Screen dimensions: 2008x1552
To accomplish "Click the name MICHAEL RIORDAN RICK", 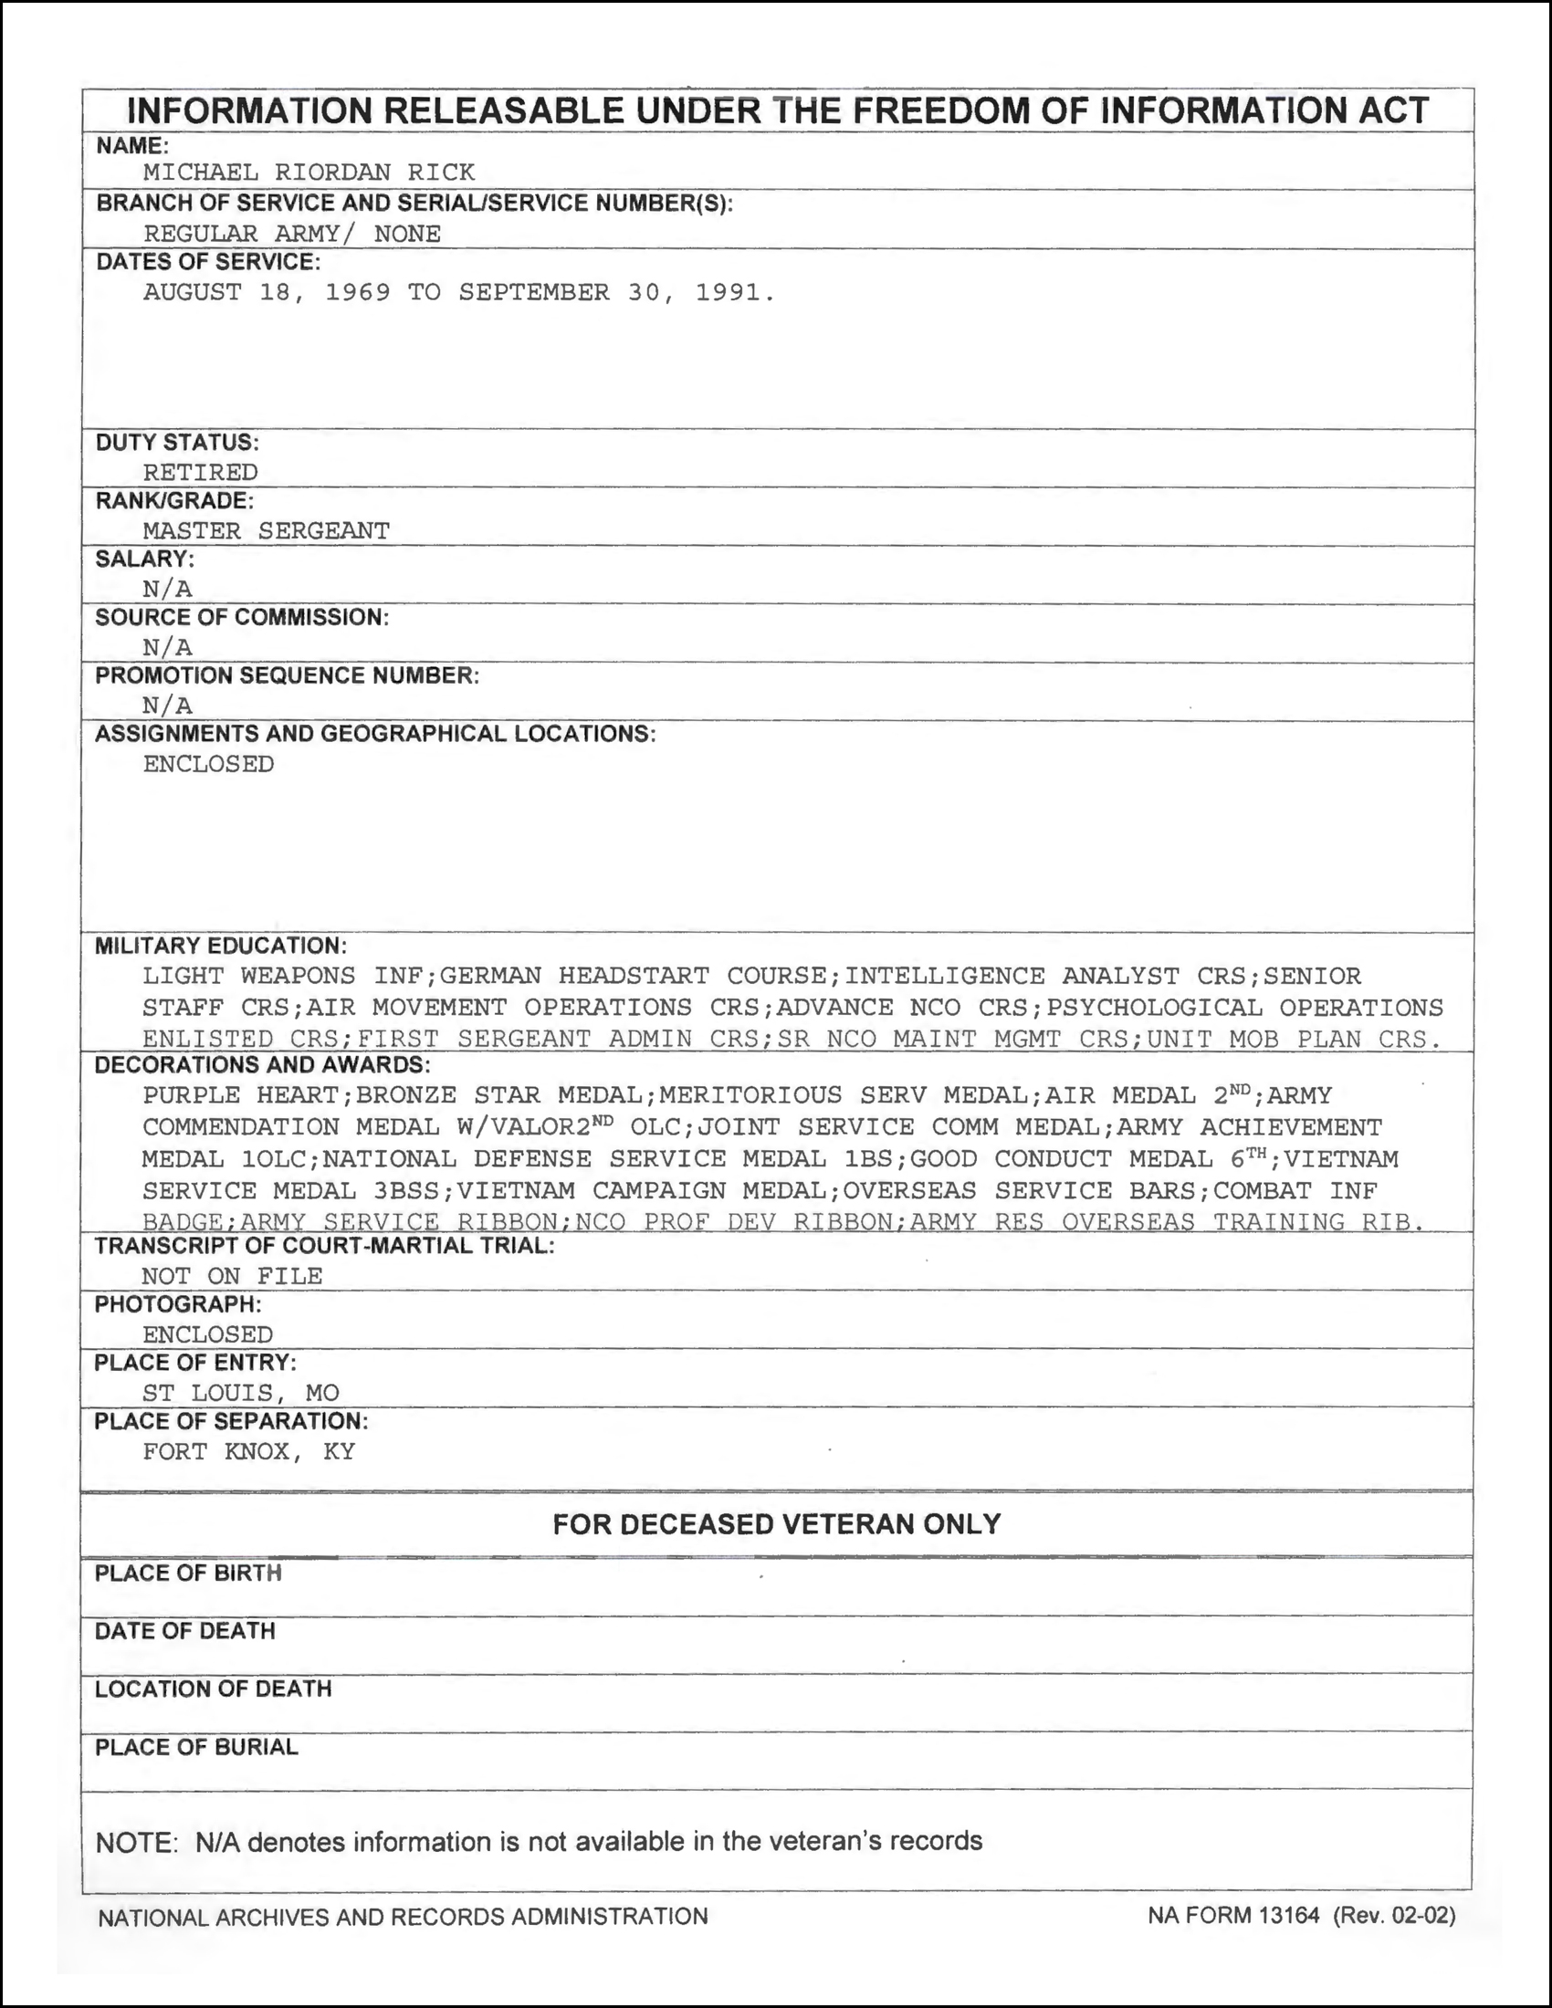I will tap(309, 173).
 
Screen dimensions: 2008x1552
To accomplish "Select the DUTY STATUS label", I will tap(177, 443).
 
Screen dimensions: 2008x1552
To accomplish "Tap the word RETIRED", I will tap(201, 473).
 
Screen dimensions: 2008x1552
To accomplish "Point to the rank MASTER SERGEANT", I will tap(267, 531).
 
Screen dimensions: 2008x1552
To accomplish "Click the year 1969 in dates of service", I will tap(358, 292).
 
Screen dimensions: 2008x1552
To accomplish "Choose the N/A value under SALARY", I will tap(167, 590).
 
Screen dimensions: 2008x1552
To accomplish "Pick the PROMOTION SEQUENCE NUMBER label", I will tap(287, 675).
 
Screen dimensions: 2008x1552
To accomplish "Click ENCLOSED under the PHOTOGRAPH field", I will tap(208, 1335).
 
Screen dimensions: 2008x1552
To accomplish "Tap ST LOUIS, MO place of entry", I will tap(241, 1393).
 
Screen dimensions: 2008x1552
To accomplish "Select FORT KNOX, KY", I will tap(248, 1452).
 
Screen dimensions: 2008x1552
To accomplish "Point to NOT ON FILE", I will tap(232, 1276).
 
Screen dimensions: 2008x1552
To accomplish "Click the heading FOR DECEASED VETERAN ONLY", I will tap(777, 1524).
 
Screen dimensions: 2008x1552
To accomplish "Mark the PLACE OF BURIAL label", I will tap(197, 1747).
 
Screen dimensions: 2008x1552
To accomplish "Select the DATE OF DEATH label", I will tap(184, 1631).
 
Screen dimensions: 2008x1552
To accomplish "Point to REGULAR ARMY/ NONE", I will tap(292, 234).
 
